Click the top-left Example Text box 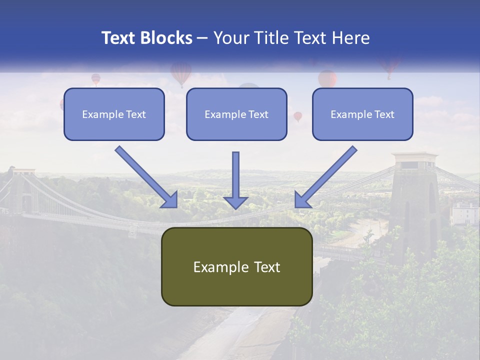coord(114,114)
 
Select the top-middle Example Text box coord(236,114)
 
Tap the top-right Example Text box coord(362,114)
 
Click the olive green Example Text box coord(236,266)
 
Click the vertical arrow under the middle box coord(235,180)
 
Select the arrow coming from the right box coord(326,176)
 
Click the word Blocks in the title coord(166,38)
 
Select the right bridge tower coord(414,200)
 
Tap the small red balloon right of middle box coord(298,116)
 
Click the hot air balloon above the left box coord(95,79)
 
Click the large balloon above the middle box coord(181,73)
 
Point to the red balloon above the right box coord(327,78)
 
